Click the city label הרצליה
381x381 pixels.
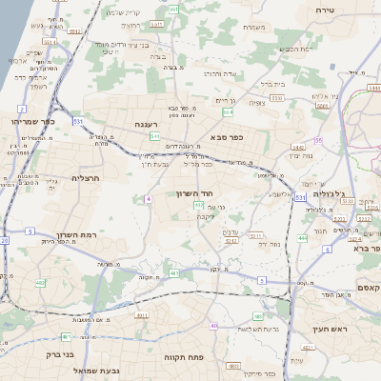86,178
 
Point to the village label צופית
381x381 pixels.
256,103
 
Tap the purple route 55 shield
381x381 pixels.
318,140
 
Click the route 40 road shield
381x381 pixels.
213,326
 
